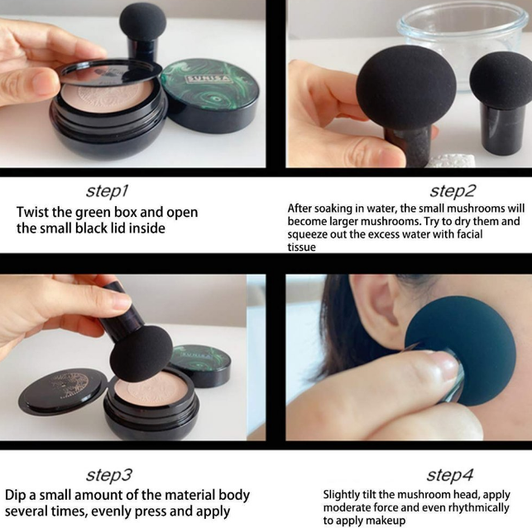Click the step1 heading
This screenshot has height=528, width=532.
pos(108,191)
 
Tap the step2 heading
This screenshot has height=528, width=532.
pos(453,190)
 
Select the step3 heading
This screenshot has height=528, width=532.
pos(108,474)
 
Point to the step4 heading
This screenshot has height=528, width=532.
pos(449,474)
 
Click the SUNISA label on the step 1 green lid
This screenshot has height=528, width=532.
pos(208,79)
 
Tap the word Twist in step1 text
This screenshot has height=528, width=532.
pos(32,212)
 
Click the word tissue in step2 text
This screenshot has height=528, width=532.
pos(302,247)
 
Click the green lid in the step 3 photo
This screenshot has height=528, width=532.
pos(200,363)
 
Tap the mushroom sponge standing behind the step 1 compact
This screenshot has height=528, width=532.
pos(143,33)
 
